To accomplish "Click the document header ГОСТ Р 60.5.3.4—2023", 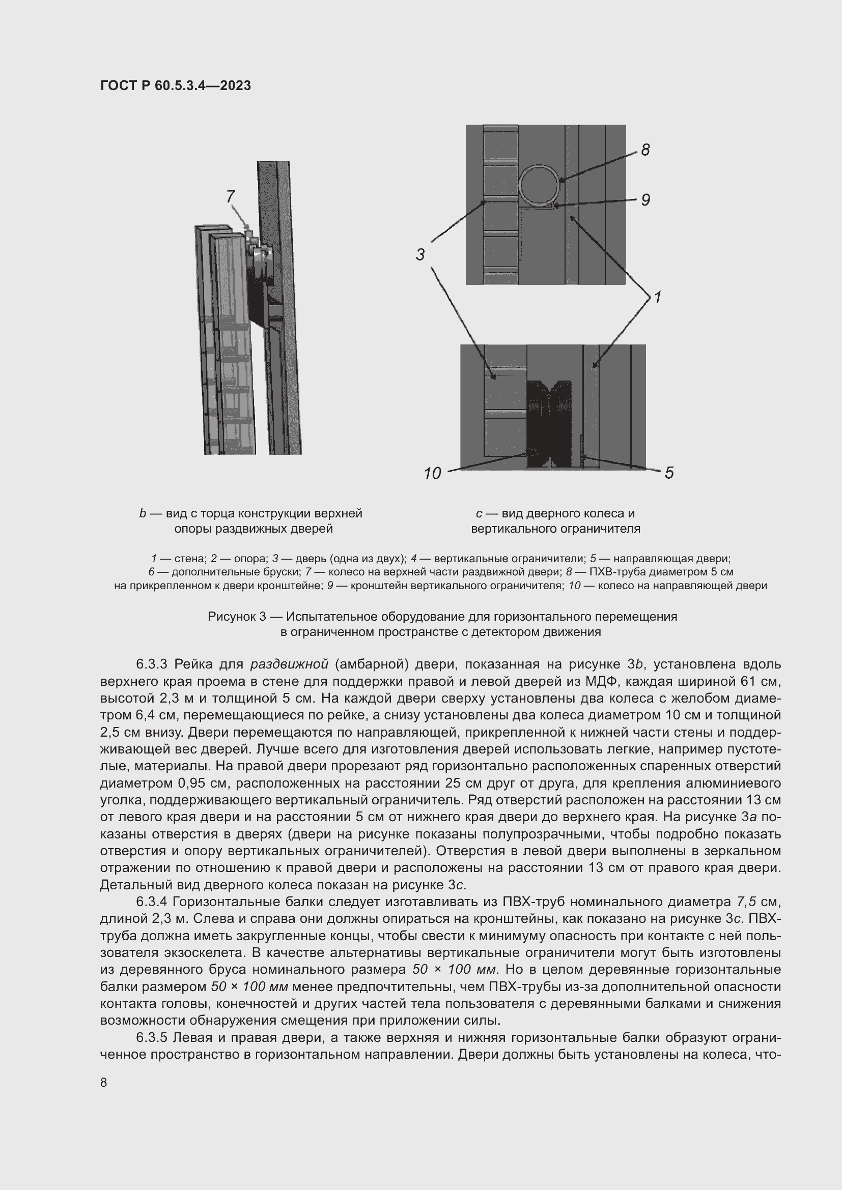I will click(175, 85).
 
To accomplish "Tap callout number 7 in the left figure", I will click(231, 196).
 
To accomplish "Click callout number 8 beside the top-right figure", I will click(645, 150).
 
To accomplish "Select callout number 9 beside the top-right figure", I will click(645, 200).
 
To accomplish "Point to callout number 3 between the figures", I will click(420, 254).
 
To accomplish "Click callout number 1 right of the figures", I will click(657, 298).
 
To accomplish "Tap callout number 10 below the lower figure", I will click(432, 473).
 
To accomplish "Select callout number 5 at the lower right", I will click(669, 473).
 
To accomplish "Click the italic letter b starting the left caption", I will click(143, 514).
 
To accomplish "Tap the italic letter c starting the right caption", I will click(479, 514).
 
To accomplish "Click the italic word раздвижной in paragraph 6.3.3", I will click(289, 664).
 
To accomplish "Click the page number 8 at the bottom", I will click(104, 1082).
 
